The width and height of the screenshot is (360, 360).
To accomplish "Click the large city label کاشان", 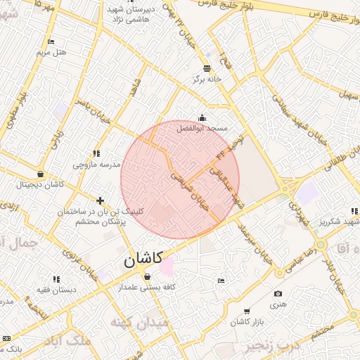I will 143,259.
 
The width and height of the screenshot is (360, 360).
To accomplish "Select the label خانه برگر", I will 207,79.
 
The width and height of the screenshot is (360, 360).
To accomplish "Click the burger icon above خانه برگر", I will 207,68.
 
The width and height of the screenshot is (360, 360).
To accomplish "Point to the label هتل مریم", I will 51,53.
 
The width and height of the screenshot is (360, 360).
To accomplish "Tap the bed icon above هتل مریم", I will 51,42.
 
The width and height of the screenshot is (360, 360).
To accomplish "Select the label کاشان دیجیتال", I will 41,185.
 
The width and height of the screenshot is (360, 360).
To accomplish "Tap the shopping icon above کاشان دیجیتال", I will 40,174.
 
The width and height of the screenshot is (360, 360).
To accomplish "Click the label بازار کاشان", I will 247,321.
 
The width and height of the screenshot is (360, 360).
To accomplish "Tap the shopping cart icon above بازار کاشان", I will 247,311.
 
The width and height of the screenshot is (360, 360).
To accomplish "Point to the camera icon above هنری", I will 278,293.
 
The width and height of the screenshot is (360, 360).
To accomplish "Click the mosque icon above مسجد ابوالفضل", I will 202,117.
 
